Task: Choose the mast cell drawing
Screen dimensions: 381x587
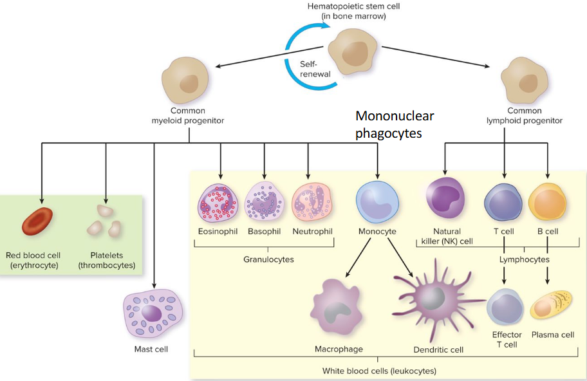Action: click(153, 313)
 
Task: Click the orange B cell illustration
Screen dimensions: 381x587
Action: click(547, 201)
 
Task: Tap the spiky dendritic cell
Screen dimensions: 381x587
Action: click(429, 300)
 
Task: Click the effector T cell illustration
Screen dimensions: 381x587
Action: click(506, 308)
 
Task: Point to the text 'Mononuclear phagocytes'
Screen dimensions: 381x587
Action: click(395, 125)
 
